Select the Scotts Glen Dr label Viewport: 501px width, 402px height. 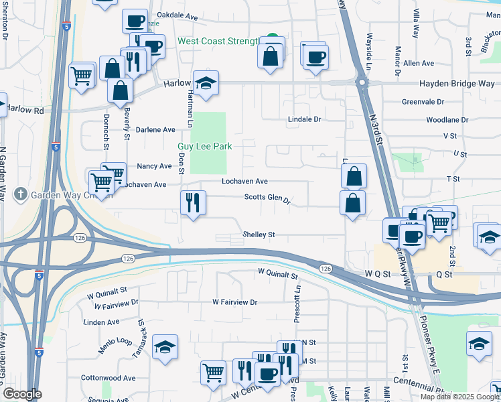point(267,199)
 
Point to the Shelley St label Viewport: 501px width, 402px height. point(259,235)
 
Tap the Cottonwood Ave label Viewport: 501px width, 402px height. point(108,378)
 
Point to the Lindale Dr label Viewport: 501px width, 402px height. point(305,119)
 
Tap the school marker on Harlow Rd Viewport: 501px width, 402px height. point(206,83)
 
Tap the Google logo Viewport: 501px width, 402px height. point(21,394)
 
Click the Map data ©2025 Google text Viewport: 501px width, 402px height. point(459,397)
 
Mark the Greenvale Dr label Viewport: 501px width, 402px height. point(423,102)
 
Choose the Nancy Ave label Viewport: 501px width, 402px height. point(154,166)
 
